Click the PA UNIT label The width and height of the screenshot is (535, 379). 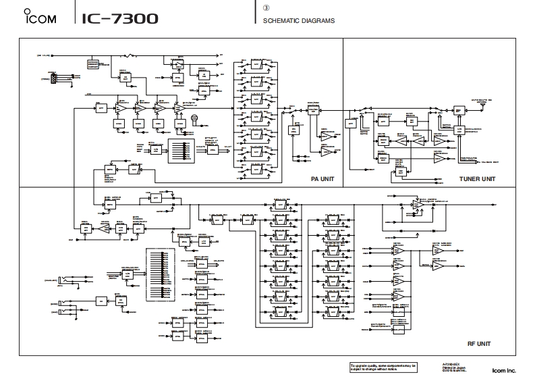pyautogui.click(x=322, y=179)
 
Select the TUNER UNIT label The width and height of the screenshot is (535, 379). pyautogui.click(x=477, y=179)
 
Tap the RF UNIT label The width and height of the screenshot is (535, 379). pyautogui.click(x=477, y=344)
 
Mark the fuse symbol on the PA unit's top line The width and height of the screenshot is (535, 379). pyautogui.click(x=133, y=55)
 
